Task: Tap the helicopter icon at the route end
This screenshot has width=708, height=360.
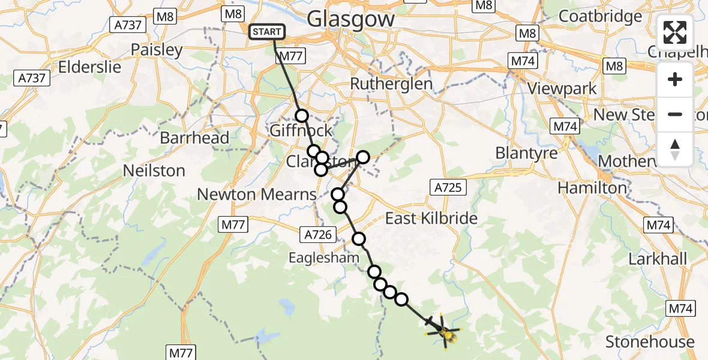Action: [443, 331]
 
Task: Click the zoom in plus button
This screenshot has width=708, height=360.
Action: [675, 79]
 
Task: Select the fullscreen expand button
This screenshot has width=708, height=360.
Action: [675, 32]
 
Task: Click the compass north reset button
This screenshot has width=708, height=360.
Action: [675, 149]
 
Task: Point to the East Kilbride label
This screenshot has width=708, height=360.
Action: [431, 218]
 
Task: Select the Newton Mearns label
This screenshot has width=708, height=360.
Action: [257, 194]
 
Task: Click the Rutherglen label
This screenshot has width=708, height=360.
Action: [391, 84]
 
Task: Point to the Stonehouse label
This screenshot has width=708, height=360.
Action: [650, 342]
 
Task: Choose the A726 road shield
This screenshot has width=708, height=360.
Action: [318, 235]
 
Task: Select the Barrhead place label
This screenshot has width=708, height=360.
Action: [194, 138]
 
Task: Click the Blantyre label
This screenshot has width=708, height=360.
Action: [527, 153]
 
